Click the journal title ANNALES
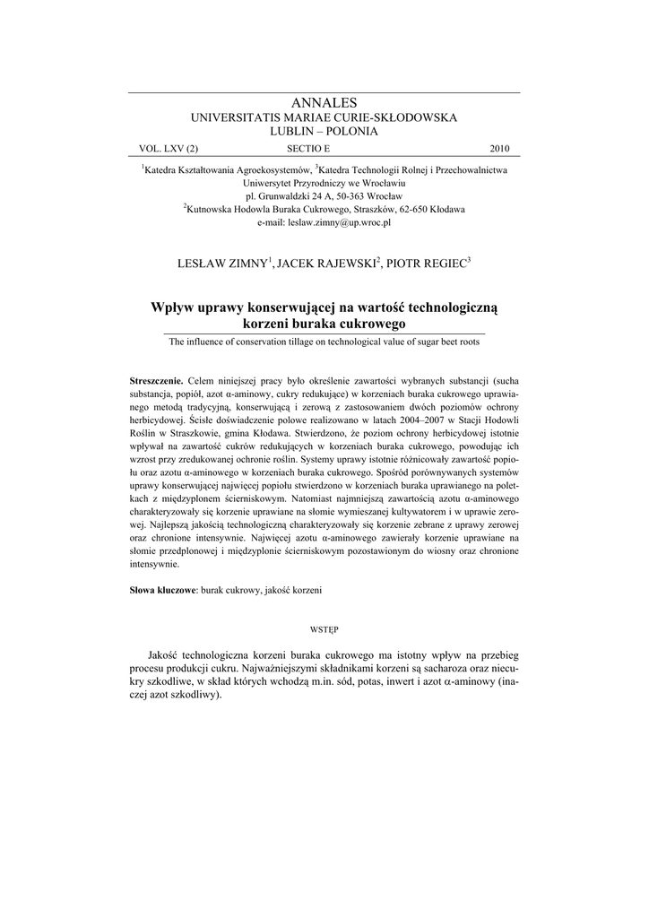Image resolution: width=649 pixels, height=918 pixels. (324, 104)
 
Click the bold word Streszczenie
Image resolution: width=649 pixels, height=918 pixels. (157, 380)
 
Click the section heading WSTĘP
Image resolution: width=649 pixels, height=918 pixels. (324, 629)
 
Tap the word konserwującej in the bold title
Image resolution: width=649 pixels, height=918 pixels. (295, 307)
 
